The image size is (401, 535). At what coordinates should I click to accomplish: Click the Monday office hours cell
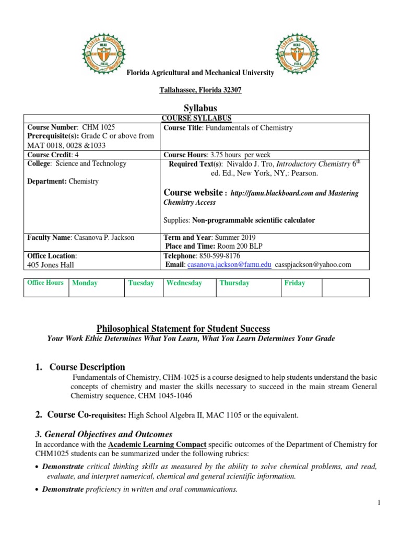(x=97, y=287)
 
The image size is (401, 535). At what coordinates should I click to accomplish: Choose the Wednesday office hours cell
(x=188, y=287)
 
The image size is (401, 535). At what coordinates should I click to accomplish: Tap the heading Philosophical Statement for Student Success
(x=183, y=329)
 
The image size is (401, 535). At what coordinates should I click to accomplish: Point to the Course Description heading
(x=87, y=367)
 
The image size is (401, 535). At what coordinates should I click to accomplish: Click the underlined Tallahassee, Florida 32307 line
(x=200, y=90)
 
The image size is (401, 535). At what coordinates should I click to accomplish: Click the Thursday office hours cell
(x=249, y=287)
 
